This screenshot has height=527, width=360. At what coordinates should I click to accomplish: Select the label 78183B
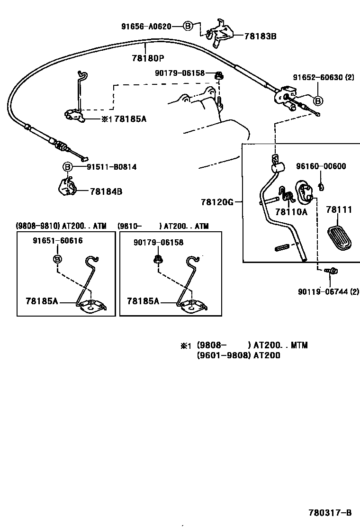point(260,36)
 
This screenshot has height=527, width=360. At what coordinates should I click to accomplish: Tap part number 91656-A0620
point(146,27)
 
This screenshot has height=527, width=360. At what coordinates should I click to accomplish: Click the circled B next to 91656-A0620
point(188,27)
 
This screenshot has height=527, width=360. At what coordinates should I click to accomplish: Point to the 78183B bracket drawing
point(218,33)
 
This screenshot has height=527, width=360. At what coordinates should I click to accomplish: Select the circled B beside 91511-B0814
point(68,167)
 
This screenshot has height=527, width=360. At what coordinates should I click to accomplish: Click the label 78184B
point(106,191)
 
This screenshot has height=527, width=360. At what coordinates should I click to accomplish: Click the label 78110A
point(291,212)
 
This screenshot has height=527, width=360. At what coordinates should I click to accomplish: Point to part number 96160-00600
point(321,166)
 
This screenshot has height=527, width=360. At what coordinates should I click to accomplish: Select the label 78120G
point(217,202)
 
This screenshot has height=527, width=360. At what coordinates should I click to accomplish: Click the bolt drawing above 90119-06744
point(331,271)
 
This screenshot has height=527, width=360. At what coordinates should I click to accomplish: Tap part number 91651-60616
point(58,241)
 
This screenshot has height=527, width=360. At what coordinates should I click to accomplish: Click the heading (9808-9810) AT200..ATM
point(61,227)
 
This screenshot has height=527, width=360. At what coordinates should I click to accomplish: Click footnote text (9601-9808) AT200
point(238,355)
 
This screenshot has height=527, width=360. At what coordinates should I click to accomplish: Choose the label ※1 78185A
point(124,118)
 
